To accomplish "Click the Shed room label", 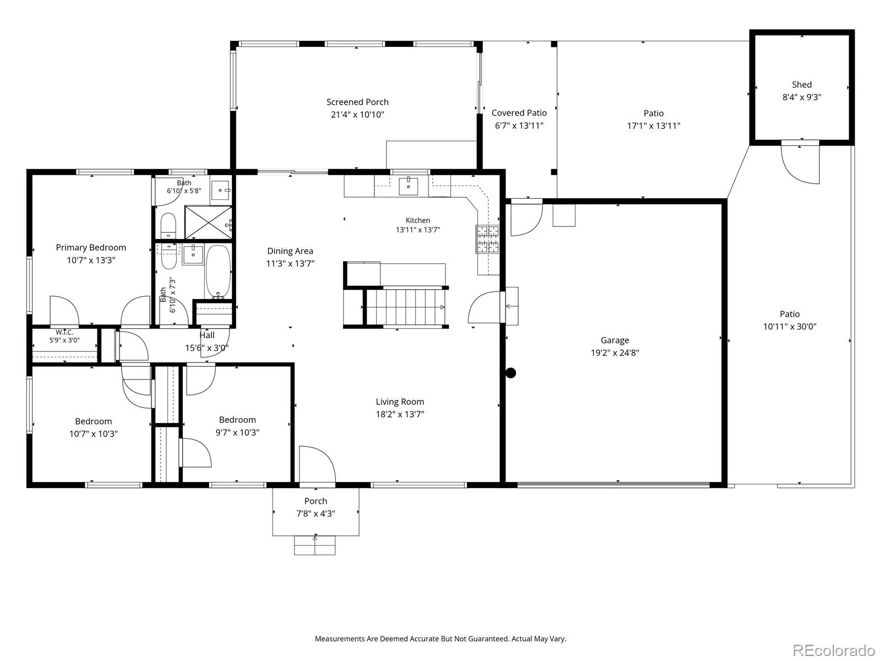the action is (x=802, y=85).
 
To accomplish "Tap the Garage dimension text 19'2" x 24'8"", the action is (x=615, y=353).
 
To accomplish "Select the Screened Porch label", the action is (x=357, y=102).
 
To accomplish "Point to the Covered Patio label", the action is (x=519, y=113).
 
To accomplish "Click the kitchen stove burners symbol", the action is (x=488, y=239).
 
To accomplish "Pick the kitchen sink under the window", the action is (x=408, y=186).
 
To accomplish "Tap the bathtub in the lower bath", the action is (x=218, y=272).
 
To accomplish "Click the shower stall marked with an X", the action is (x=208, y=223).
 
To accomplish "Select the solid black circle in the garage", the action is (x=510, y=373).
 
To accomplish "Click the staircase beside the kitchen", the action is (x=405, y=307).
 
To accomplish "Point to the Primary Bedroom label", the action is (x=91, y=248).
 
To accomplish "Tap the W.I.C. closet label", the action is (x=64, y=332).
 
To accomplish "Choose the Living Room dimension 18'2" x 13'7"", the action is (x=400, y=414).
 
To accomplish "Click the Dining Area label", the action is (x=290, y=251).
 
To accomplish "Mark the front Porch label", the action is (x=316, y=501).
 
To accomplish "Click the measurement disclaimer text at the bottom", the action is (x=440, y=638).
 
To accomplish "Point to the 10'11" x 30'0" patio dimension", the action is (x=790, y=327).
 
